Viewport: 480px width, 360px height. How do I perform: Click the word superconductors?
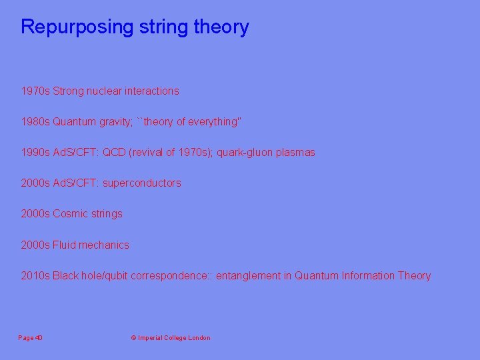click(x=142, y=183)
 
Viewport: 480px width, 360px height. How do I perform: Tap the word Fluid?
click(x=64, y=245)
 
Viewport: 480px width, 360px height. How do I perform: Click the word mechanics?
click(x=104, y=245)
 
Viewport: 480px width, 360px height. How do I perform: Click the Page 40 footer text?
click(x=31, y=338)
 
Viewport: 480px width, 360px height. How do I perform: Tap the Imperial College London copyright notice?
click(x=171, y=338)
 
